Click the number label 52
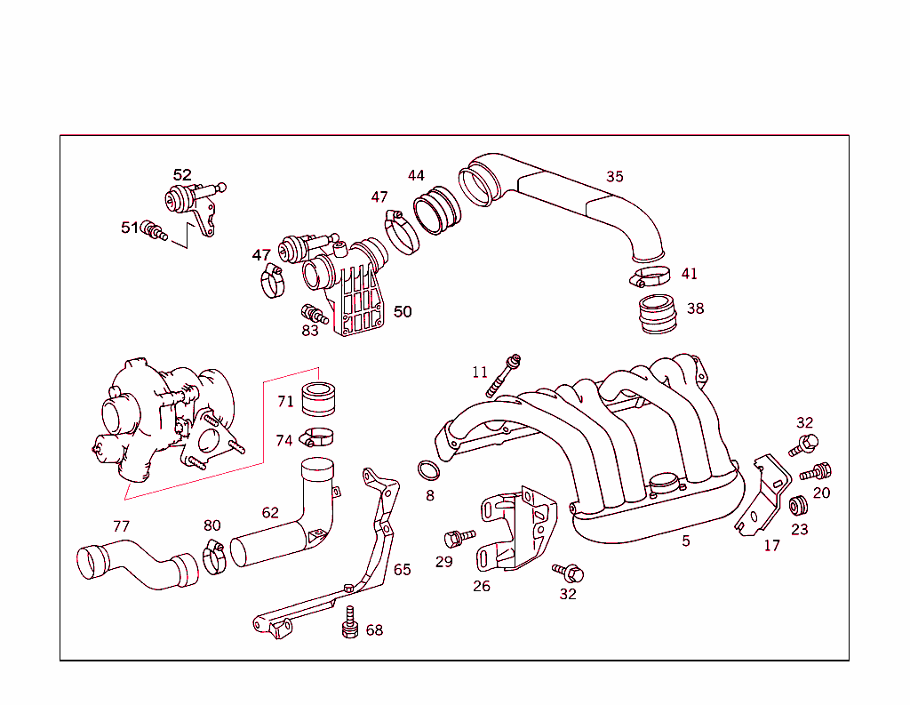coord(182,175)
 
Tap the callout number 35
coord(615,176)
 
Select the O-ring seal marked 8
coord(428,469)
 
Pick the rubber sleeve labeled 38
coord(659,316)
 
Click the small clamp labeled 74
coord(317,437)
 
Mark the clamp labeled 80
coord(213,557)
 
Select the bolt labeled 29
coord(458,537)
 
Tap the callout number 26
coord(481,586)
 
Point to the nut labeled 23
coord(797,506)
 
